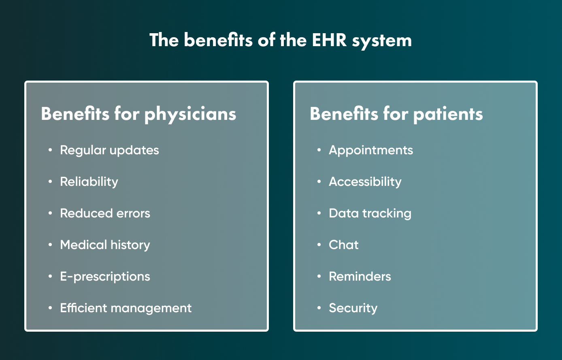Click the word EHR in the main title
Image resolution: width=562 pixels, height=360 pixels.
pos(329,40)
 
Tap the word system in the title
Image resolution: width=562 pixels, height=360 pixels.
pos(381,41)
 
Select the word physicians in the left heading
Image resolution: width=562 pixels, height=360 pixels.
pos(190,115)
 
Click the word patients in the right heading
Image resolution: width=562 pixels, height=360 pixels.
pos(448,115)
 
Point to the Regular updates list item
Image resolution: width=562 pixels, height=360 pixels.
pos(109,151)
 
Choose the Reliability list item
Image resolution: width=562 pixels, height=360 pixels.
pos(89,182)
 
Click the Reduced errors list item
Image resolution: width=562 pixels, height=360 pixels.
pos(105,213)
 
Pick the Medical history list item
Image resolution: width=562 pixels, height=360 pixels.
pos(105,245)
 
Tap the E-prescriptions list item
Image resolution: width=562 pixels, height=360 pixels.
pos(105,277)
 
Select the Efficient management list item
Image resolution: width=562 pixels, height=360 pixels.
pos(126,308)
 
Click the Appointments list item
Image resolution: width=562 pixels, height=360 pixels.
pos(371,151)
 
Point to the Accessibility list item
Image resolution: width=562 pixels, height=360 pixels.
pos(365,182)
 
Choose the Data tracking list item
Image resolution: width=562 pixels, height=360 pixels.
pos(370,214)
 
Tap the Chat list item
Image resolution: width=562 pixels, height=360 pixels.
pos(344,245)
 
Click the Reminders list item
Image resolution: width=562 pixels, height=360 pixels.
pos(360,277)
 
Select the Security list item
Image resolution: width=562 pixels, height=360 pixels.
pos(353,308)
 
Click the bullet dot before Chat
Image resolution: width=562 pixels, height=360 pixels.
pos(319,245)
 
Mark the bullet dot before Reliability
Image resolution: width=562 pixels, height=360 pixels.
pos(50,181)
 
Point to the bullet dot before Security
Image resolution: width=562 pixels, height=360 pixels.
pos(319,308)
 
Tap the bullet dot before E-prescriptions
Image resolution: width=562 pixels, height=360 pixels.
pos(50,276)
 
